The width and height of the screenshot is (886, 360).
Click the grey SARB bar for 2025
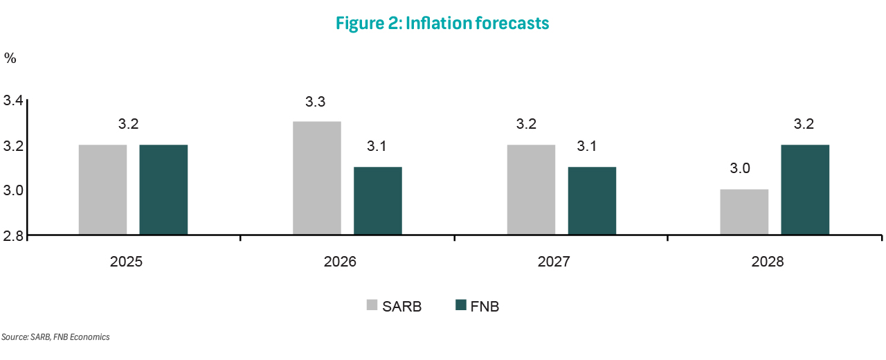102,190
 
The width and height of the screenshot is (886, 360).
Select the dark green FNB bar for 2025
163,190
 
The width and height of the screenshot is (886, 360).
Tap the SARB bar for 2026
316,178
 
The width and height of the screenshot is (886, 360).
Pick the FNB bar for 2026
377,201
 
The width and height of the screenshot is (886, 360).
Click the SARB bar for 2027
531,190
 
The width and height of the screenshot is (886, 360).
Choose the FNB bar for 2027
592,201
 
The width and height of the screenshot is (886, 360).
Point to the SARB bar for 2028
744,212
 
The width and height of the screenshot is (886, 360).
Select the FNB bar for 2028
805,190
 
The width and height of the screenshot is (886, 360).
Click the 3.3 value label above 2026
316,102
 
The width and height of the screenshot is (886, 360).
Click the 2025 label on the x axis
126,263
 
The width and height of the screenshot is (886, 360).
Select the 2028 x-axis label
768,263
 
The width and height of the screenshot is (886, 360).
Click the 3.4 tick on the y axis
14,101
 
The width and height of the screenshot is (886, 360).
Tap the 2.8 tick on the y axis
14,235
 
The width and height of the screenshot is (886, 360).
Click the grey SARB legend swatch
372,305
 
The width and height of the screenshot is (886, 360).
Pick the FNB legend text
485,306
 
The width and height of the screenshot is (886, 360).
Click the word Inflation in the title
435,23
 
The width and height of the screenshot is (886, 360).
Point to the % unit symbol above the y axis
10,58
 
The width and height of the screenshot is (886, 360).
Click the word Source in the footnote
14,337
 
